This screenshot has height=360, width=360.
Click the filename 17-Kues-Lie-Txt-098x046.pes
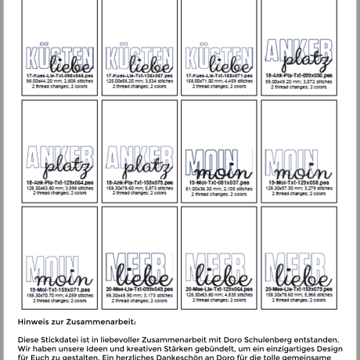59,76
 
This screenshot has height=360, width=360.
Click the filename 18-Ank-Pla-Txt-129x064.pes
59,182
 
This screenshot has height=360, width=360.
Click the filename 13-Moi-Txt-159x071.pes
59,288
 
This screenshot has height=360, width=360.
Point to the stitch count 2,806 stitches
77,81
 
